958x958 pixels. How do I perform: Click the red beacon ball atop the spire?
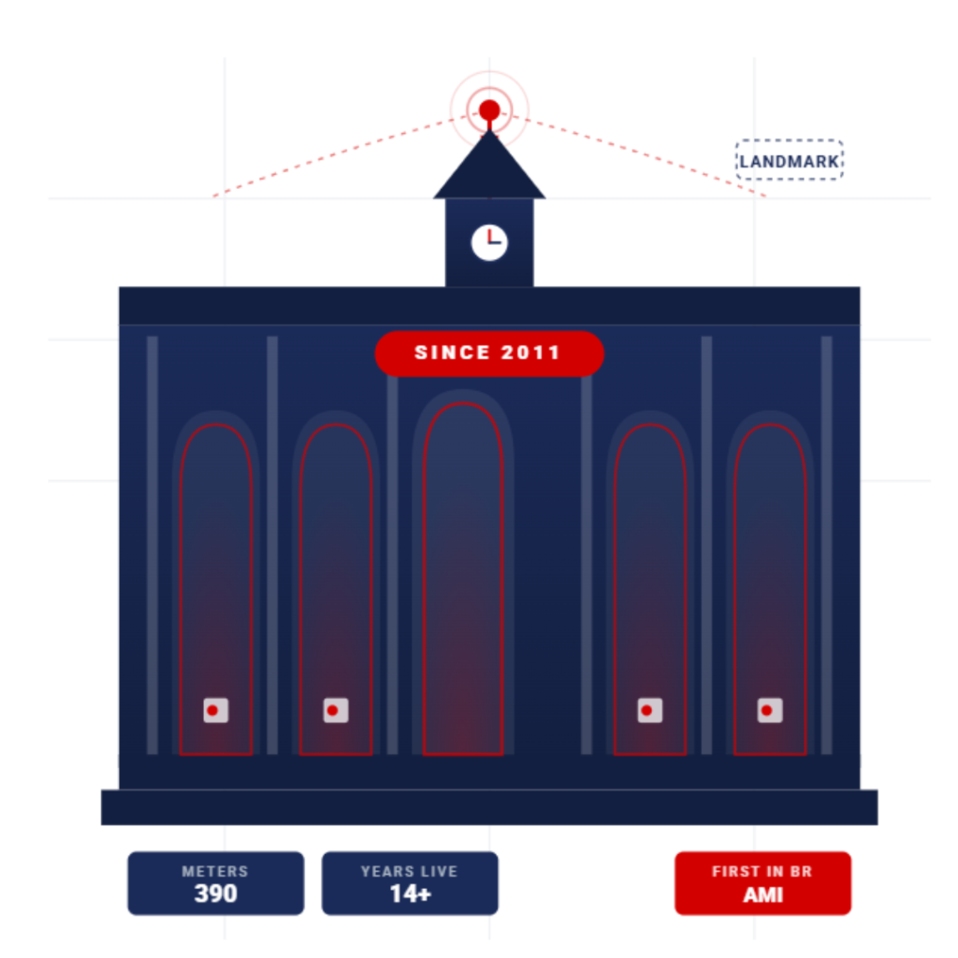(489, 110)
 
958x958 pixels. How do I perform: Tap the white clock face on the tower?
(489, 242)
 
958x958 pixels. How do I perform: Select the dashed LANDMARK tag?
(790, 160)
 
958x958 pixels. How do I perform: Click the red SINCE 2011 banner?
(489, 353)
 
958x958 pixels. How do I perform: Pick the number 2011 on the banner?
(530, 353)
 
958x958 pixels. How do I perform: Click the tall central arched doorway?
(463, 578)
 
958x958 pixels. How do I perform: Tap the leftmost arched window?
(216, 589)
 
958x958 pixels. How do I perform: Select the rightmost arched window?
(770, 589)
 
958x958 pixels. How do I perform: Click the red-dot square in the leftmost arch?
(216, 711)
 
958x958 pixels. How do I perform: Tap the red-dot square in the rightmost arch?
(770, 711)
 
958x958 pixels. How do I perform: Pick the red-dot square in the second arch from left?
(336, 711)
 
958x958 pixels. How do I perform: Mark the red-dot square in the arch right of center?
(650, 711)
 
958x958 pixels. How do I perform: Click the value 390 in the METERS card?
(216, 893)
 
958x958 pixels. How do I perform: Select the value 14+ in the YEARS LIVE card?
(410, 893)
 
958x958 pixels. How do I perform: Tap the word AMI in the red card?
(763, 895)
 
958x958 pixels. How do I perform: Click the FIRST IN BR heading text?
(762, 871)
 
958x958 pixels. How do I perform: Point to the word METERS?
(215, 871)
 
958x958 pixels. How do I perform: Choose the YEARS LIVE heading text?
(410, 871)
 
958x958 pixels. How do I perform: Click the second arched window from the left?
(336, 589)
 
